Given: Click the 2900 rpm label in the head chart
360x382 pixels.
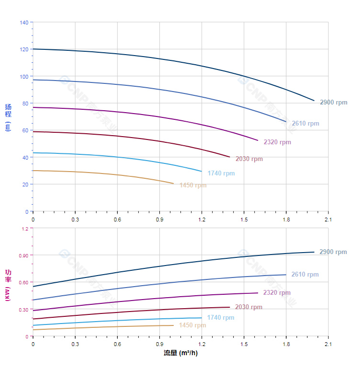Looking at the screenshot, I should [x=333, y=103].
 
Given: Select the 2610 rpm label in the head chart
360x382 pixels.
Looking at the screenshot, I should [x=305, y=124].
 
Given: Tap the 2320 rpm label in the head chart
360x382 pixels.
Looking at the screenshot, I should [x=277, y=142].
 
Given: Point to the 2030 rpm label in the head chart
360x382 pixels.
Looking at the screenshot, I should [x=249, y=159].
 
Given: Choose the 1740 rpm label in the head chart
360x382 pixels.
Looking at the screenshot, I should [x=221, y=174].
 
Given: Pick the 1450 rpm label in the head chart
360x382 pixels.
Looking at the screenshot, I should [x=193, y=185].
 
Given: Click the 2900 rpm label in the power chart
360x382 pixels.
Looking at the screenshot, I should [x=333, y=252].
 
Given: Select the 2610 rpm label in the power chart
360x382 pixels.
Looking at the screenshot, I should [x=305, y=275].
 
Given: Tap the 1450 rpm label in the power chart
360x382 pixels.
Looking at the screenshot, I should [x=192, y=325].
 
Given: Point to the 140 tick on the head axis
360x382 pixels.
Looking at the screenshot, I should [x=24, y=23].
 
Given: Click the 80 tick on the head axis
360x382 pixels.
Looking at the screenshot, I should [x=25, y=104].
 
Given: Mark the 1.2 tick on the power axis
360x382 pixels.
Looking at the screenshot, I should [x=24, y=229].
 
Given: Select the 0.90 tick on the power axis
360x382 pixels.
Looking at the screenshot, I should [x=23, y=255].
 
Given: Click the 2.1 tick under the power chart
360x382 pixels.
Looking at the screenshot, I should [x=328, y=344].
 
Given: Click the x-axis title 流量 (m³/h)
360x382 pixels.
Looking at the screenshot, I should [x=180, y=353].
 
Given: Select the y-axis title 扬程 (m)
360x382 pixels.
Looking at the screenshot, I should [x=8, y=117].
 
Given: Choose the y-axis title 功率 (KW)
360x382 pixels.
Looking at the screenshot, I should [x=8, y=285].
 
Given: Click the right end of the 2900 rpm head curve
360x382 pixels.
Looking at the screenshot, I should [x=315, y=101].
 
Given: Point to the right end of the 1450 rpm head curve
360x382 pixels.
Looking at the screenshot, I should [x=174, y=184].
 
